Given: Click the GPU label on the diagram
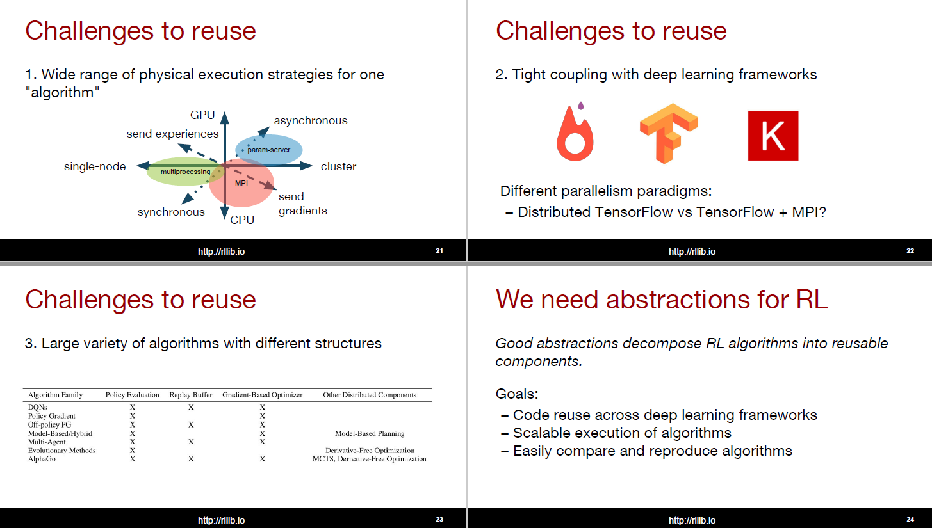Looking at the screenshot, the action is (202, 115).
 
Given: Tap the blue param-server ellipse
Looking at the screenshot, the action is (269, 149).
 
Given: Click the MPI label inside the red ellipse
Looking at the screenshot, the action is (241, 183).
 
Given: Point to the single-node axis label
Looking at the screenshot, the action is (95, 166).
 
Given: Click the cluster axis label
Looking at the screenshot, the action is (338, 166).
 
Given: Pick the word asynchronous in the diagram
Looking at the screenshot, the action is (311, 120).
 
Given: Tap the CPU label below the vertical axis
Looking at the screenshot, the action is (242, 220).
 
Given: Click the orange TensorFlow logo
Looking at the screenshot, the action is (669, 134).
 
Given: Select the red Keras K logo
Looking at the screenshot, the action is (773, 136).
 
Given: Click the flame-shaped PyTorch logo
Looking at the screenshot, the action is (575, 132).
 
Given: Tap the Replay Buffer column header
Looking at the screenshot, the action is (190, 394).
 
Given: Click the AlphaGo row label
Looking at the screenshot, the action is (42, 459).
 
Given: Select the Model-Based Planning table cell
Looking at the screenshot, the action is (370, 433).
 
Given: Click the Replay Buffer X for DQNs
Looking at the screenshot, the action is (190, 407).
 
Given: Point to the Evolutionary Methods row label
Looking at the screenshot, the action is (61, 451).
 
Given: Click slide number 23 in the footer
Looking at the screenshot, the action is (439, 519).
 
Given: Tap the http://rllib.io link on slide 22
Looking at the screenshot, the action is (692, 252).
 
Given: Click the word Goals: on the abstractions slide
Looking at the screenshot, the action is (517, 394).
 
